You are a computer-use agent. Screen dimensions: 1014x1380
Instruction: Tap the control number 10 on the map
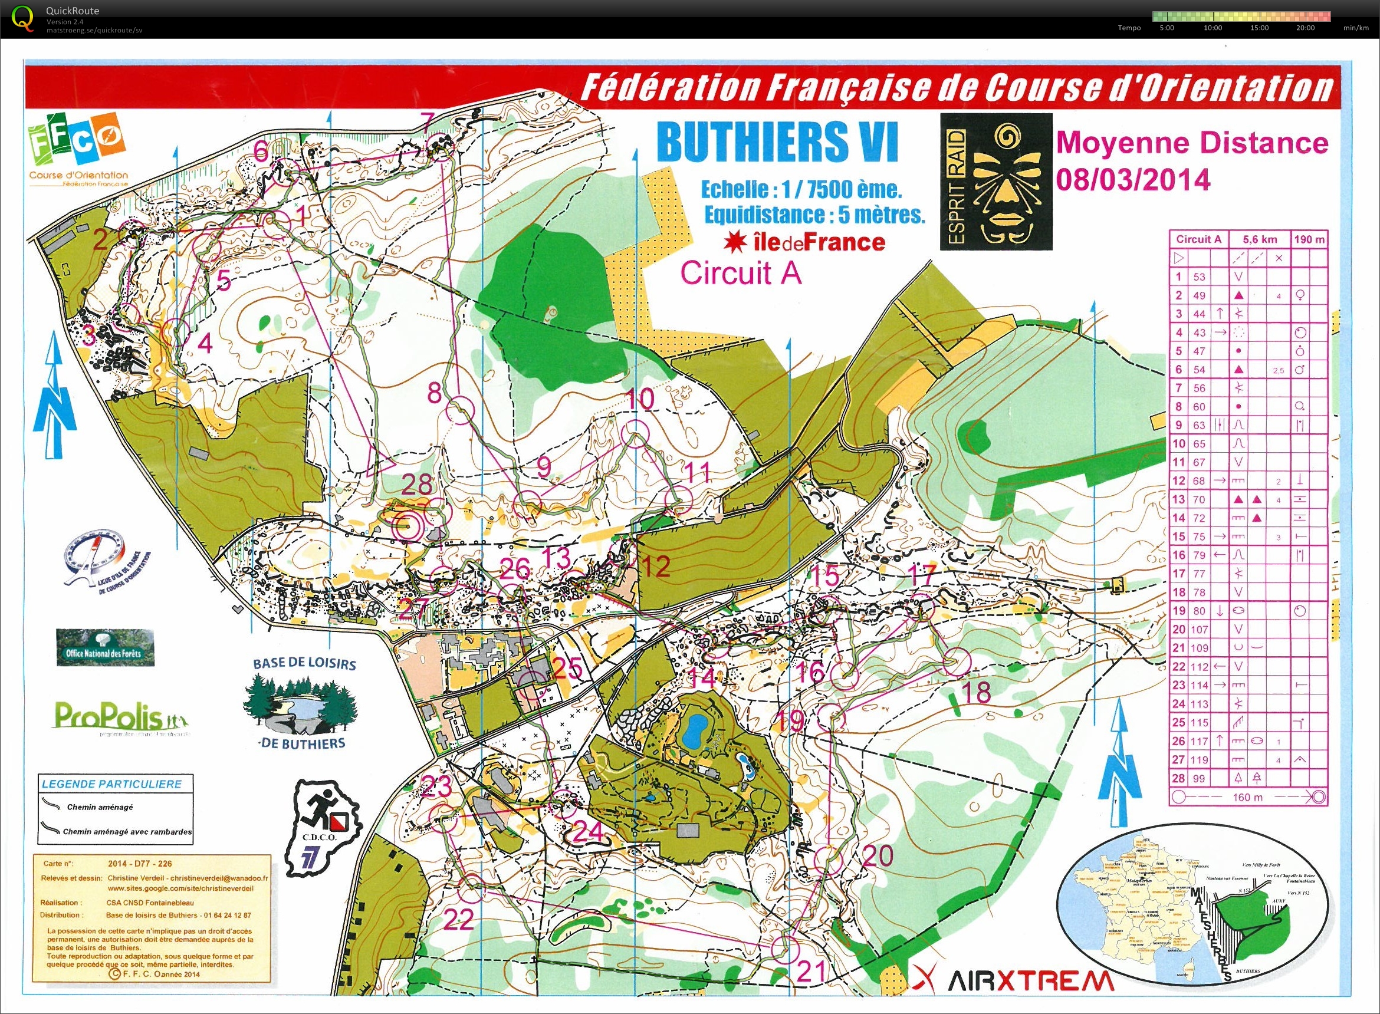641,400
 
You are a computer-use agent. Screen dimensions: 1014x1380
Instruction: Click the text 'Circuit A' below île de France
741,273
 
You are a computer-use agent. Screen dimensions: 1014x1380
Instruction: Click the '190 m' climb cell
1309,239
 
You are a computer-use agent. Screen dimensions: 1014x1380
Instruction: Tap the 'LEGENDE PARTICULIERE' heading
111,784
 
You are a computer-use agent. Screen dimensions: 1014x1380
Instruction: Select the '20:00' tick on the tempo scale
1305,28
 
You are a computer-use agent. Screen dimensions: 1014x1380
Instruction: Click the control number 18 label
977,692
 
